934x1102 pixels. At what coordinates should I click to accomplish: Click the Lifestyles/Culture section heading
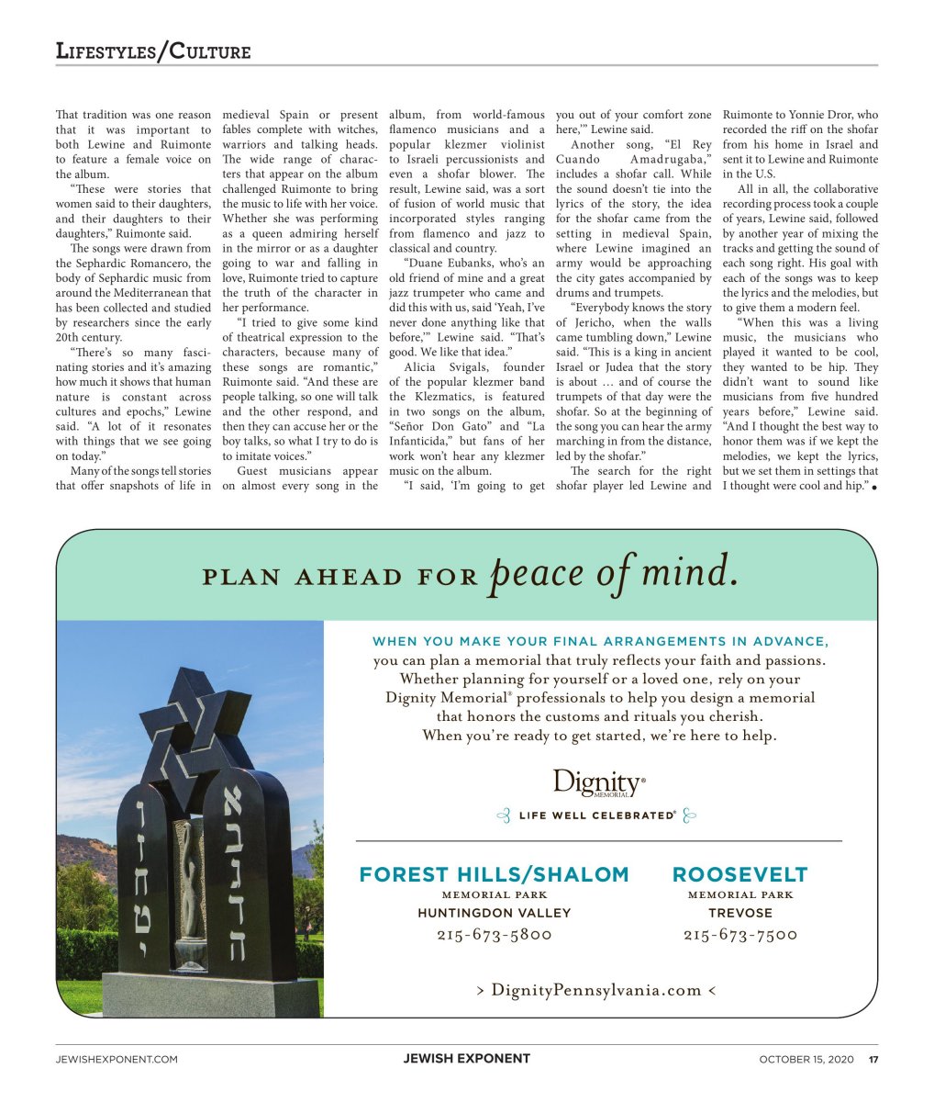(152, 51)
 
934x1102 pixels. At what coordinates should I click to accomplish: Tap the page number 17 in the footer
(873, 1059)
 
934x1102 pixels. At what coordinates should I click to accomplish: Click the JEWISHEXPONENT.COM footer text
(117, 1059)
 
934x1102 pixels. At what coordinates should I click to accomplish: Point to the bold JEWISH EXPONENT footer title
(466, 1058)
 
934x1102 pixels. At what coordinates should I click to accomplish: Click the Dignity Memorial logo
(598, 783)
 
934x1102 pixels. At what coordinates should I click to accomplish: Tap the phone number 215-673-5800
(494, 935)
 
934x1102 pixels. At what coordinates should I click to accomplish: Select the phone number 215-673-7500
(739, 935)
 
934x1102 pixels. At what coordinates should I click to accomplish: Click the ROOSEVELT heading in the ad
(739, 874)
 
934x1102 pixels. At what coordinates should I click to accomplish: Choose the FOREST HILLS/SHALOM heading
(494, 874)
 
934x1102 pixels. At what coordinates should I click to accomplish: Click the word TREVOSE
(739, 913)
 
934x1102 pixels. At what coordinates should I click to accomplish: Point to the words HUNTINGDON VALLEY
(494, 913)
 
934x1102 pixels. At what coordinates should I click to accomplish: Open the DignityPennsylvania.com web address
(596, 989)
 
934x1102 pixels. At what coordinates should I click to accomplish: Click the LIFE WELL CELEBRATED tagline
(596, 815)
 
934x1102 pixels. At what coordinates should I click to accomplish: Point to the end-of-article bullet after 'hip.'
(874, 488)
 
